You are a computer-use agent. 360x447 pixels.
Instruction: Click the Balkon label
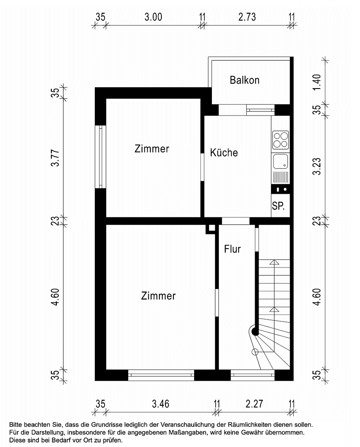245,80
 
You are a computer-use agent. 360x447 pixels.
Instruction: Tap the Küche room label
224,152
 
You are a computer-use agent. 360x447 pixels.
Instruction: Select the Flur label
233,249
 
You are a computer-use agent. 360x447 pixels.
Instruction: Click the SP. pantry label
278,206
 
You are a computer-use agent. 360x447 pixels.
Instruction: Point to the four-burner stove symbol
281,139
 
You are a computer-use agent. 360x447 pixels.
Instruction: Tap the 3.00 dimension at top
153,17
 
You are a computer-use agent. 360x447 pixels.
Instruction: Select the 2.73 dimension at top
247,17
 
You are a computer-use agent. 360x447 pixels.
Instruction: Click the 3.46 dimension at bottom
161,404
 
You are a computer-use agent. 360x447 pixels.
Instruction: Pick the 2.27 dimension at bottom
254,404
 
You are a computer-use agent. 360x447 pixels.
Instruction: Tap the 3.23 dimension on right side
317,166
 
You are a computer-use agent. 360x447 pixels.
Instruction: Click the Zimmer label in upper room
152,149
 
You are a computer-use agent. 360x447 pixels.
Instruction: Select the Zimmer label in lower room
158,296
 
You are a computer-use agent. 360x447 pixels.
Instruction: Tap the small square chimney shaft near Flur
211,228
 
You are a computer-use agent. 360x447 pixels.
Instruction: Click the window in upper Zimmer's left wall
101,157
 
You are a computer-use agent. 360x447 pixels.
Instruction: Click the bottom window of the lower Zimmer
161,375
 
